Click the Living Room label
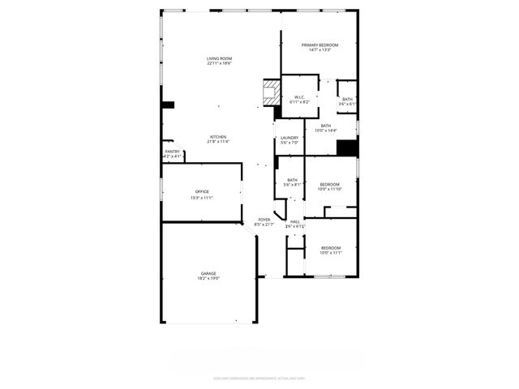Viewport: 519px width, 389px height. pyautogui.click(x=219, y=58)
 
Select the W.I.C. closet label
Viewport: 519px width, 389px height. pyautogui.click(x=299, y=97)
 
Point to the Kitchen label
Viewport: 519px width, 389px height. pyautogui.click(x=218, y=137)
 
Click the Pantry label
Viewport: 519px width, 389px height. pyautogui.click(x=173, y=152)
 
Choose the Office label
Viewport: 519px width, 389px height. pyautogui.click(x=201, y=192)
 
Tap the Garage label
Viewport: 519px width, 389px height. pyautogui.click(x=208, y=273)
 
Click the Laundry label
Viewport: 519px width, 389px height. pyautogui.click(x=290, y=138)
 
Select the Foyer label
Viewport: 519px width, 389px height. pyautogui.click(x=264, y=220)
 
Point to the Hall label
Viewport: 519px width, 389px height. pyautogui.click(x=295, y=221)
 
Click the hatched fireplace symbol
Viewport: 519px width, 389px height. pyautogui.click(x=269, y=89)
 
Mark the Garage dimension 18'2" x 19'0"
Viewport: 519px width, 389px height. pyautogui.click(x=208, y=278)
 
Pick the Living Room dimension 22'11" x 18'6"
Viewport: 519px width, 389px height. pyautogui.click(x=219, y=63)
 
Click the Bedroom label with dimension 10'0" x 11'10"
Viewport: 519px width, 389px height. pyautogui.click(x=329, y=185)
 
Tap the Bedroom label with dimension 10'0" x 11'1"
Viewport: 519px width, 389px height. pyautogui.click(x=331, y=248)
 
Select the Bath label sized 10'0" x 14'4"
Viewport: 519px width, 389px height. pyautogui.click(x=325, y=126)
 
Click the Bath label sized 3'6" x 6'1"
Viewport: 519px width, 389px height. pyautogui.click(x=347, y=99)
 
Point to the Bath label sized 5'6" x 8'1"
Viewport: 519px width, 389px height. pyautogui.click(x=292, y=180)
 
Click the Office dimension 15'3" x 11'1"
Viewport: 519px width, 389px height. pyautogui.click(x=201, y=197)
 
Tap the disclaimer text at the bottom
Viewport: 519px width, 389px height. pyautogui.click(x=259, y=378)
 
